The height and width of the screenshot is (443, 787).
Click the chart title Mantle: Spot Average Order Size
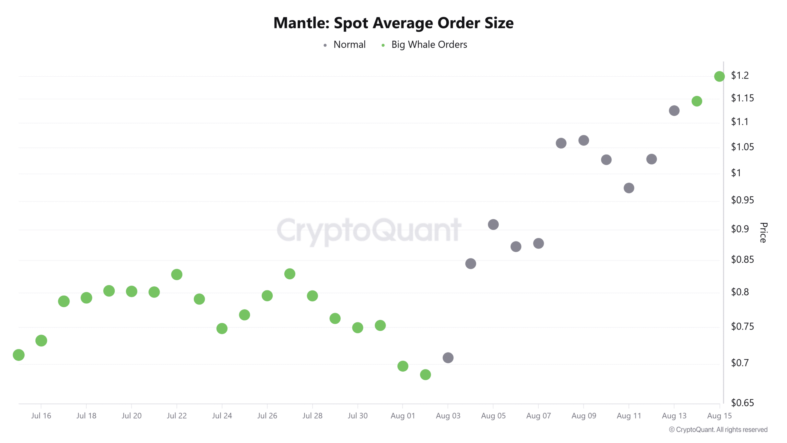[x=393, y=23]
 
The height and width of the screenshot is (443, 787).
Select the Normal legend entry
[x=349, y=45]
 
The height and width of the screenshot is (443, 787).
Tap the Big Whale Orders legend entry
[x=429, y=45]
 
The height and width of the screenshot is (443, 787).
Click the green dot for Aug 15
[x=719, y=76]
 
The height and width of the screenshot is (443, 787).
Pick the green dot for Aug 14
[x=697, y=101]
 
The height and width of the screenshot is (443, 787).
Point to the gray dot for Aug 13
[x=674, y=111]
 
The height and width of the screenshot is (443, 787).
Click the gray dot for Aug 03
[x=448, y=357]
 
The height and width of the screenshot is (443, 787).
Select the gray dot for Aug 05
[x=493, y=225]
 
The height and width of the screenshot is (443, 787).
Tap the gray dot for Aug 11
[x=629, y=188]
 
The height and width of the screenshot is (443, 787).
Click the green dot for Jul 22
[x=177, y=274]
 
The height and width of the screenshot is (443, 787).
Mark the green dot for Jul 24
[x=222, y=329]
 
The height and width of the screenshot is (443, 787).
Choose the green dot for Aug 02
[x=425, y=374]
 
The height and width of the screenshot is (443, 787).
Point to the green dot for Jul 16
[x=41, y=341]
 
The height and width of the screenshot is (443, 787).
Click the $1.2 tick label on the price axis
[x=740, y=75]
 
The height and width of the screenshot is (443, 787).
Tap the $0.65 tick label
[x=742, y=402]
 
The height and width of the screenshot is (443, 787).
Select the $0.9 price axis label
[x=740, y=229]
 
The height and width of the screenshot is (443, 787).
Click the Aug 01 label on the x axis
[x=403, y=416]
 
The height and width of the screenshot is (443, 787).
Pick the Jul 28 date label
[x=312, y=416]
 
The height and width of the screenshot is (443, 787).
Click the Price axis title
[x=763, y=233]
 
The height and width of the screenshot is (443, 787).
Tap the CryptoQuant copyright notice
[x=718, y=429]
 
